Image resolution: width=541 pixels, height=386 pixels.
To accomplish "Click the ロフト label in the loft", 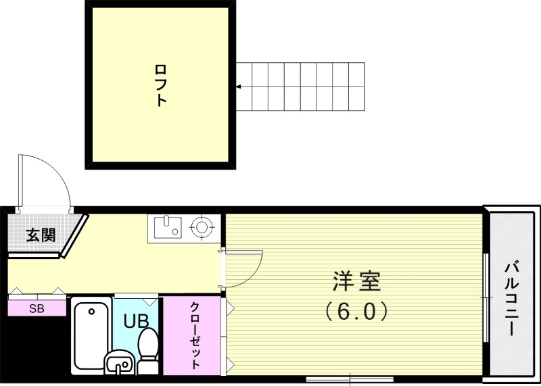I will click(x=161, y=85).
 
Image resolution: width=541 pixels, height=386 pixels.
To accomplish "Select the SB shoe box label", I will click(x=37, y=309).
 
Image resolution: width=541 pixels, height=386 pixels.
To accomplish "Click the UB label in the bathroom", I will click(x=135, y=321).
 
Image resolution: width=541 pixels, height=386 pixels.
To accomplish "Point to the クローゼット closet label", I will click(x=195, y=335).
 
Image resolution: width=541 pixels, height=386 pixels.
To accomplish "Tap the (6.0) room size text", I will click(x=356, y=310).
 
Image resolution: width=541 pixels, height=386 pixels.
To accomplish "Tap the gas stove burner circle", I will click(x=201, y=227).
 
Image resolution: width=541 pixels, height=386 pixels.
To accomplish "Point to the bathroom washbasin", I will click(x=120, y=364).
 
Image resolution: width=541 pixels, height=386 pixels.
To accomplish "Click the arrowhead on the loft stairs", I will click(x=238, y=87).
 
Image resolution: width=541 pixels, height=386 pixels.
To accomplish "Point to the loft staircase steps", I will click(x=301, y=87).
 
